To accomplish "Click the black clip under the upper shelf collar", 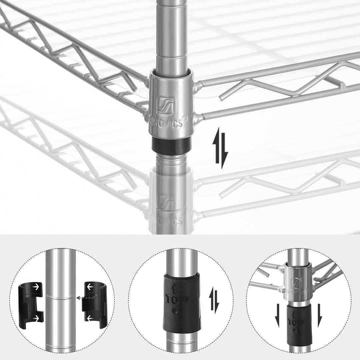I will (x=171, y=144).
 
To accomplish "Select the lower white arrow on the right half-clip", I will (x=90, y=319).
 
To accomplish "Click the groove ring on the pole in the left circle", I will (x=61, y=297).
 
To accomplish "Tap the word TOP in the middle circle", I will (x=177, y=299).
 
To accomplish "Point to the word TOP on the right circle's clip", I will (x=295, y=323).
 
